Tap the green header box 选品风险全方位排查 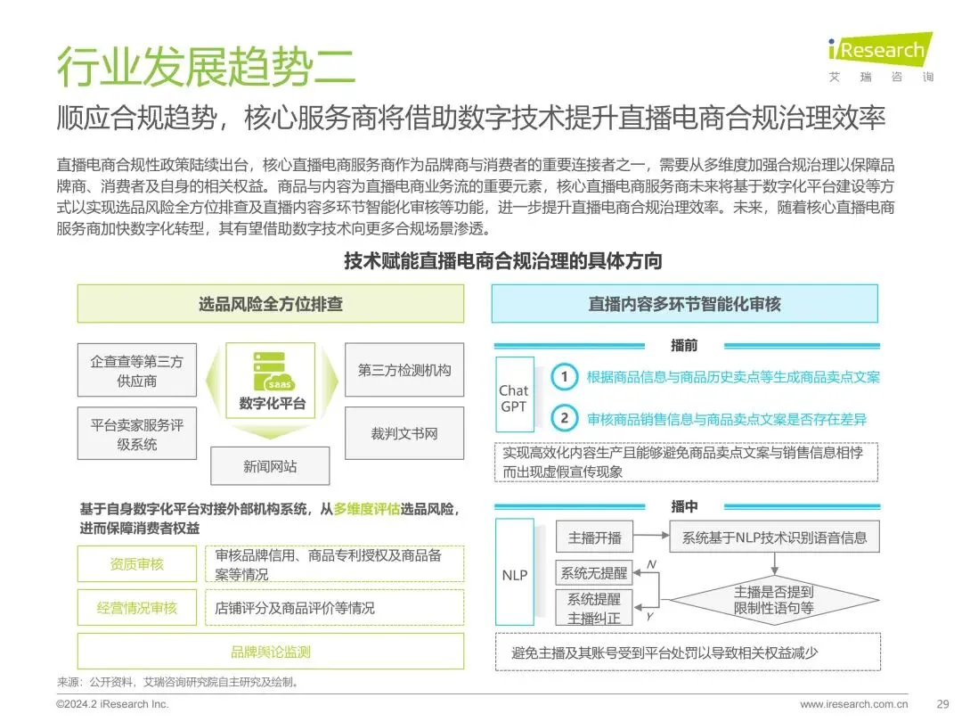pos(270,304)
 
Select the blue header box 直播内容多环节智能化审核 pos(684,304)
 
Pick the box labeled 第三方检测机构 pos(404,370)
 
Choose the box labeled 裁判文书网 pos(404,434)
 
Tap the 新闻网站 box pos(270,466)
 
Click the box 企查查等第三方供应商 pos(136,371)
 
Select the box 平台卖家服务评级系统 pos(136,434)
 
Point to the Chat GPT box pos(513,398)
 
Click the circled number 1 pos(563,377)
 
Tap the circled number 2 pos(563,418)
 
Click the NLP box pos(514,575)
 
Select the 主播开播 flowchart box pos(594,538)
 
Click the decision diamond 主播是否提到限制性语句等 pos(773,599)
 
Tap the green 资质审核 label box pos(136,564)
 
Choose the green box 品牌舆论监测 pos(270,652)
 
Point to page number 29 pos(942,704)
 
